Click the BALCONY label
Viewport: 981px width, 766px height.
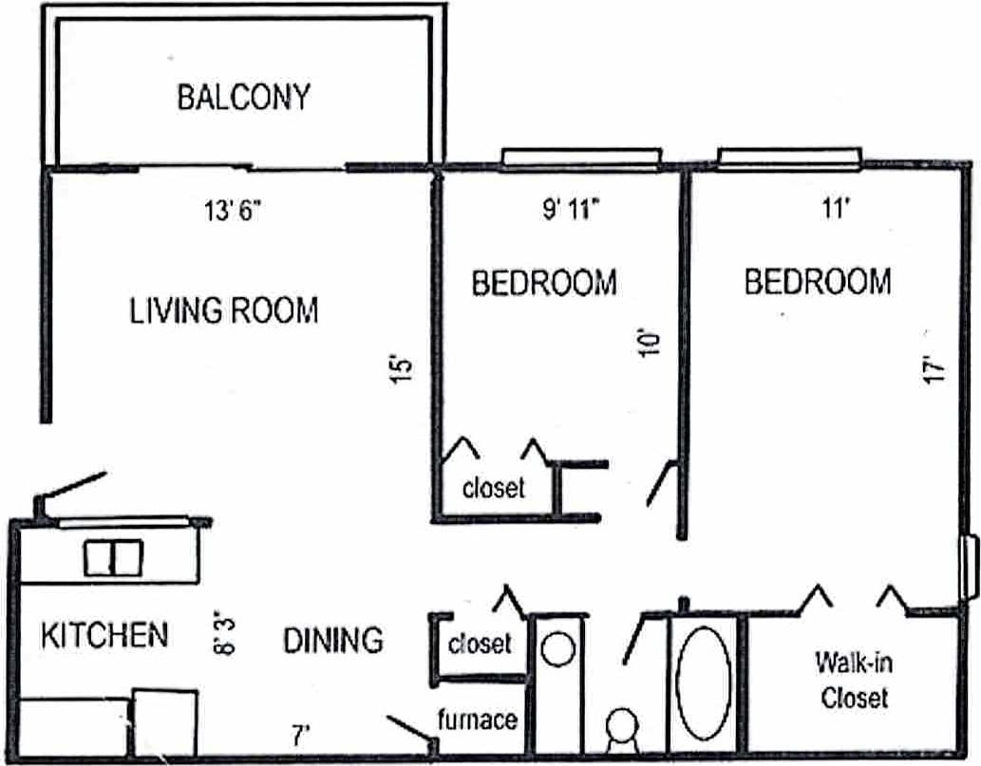click(243, 98)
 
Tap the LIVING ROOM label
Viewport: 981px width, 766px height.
click(224, 310)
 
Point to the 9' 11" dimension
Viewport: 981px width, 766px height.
click(573, 211)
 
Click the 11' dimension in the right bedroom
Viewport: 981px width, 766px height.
click(835, 211)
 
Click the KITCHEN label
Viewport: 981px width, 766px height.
click(104, 635)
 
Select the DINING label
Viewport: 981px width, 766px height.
click(333, 640)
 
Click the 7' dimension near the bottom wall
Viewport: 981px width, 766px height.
click(301, 734)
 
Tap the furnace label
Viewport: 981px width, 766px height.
click(478, 719)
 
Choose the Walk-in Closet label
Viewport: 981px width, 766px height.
click(854, 679)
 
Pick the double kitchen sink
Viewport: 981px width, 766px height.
click(112, 557)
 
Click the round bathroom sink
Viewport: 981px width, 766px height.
click(557, 649)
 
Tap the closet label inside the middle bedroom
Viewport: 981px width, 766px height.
click(493, 488)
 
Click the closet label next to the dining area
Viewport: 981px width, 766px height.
click(480, 644)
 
